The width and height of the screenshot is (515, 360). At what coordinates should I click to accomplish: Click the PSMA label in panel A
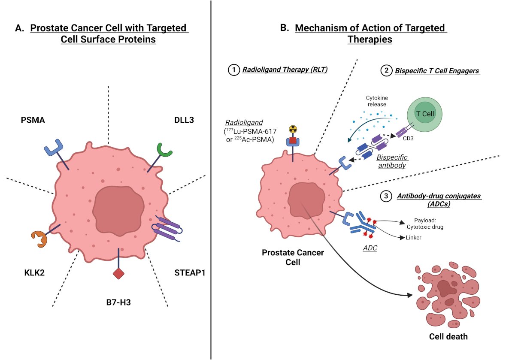(x=33, y=120)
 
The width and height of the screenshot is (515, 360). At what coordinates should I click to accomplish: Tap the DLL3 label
(x=184, y=120)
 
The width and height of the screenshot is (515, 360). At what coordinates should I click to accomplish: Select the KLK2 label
(x=34, y=272)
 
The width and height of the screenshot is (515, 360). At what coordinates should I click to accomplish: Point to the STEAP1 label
(x=190, y=272)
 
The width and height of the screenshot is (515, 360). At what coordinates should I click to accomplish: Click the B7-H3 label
(x=118, y=303)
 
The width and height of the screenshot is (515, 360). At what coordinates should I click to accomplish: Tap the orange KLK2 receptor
(x=39, y=239)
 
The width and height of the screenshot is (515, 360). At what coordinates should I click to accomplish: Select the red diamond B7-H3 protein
(x=118, y=274)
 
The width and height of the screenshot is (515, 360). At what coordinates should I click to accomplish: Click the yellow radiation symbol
(x=293, y=129)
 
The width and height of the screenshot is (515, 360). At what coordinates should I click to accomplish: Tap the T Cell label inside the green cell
(x=425, y=114)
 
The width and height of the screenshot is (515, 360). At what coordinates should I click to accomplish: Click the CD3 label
(x=408, y=139)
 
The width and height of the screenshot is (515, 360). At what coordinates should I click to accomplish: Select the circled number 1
(x=234, y=70)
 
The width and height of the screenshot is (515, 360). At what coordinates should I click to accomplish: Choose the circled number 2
(x=386, y=70)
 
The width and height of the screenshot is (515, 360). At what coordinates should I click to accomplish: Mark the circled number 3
(x=386, y=196)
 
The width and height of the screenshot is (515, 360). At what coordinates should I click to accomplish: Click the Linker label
(x=413, y=237)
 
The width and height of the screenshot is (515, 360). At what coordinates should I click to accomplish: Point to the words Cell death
(x=448, y=336)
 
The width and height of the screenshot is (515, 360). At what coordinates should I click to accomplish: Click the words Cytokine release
(x=377, y=101)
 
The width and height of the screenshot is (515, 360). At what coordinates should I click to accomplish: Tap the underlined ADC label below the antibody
(x=370, y=248)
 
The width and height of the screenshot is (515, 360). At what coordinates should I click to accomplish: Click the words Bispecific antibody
(x=392, y=161)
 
